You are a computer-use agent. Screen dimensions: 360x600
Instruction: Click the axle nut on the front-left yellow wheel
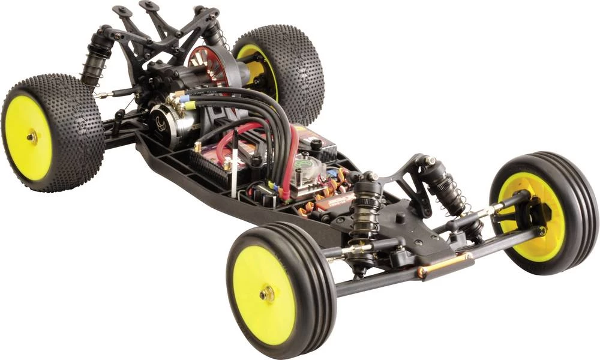267,293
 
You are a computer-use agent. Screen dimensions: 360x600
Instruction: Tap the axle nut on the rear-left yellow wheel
32,137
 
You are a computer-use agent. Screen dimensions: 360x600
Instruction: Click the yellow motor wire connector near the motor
189,106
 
